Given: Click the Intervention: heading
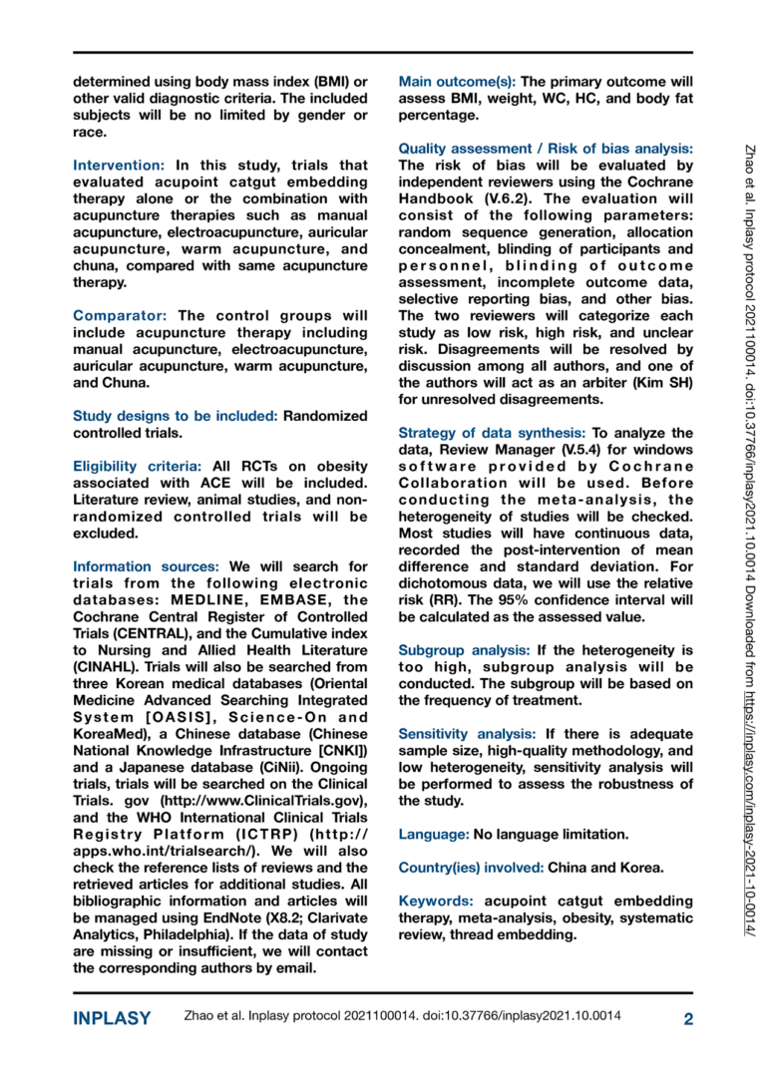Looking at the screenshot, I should (119, 166).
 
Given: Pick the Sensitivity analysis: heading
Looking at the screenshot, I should (469, 733).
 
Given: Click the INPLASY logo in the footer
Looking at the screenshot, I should (112, 1018).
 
